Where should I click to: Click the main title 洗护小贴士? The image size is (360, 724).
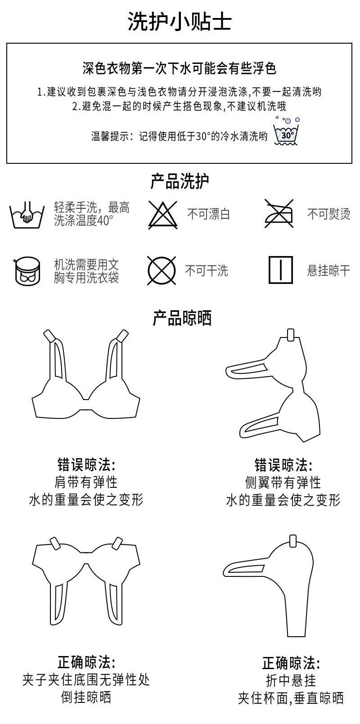pos(180,21)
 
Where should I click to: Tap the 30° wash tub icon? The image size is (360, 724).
pos(286,131)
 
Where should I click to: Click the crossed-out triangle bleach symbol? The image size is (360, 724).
pos(163,215)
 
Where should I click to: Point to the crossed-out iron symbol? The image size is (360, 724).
pos(279,214)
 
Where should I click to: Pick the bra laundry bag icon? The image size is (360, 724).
pos(27,271)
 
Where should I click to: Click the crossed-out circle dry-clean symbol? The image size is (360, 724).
pos(162,271)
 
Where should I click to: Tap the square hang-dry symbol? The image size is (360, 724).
pos(281,270)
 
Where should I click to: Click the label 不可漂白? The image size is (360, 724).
pos(208,214)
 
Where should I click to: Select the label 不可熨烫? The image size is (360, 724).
pos(328,214)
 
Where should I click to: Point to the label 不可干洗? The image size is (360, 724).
pos(207,271)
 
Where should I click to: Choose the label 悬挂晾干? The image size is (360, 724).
pos(328,271)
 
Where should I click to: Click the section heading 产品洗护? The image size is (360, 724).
pos(180,181)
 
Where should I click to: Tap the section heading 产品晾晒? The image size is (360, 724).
pos(182,319)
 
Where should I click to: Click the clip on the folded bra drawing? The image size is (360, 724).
pos(293,541)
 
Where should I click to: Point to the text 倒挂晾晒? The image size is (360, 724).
pos(86,697)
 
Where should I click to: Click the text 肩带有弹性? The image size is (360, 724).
pos(86,482)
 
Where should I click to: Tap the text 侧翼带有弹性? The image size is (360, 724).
pos(283,483)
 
